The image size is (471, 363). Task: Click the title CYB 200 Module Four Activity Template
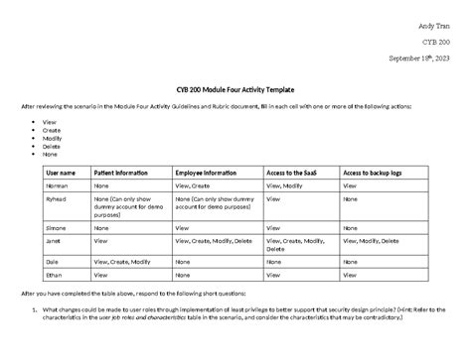coord(235,90)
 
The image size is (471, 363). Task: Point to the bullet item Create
coord(51,131)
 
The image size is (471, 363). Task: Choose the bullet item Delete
coord(51,146)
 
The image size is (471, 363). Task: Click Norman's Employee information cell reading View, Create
coord(193,185)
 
